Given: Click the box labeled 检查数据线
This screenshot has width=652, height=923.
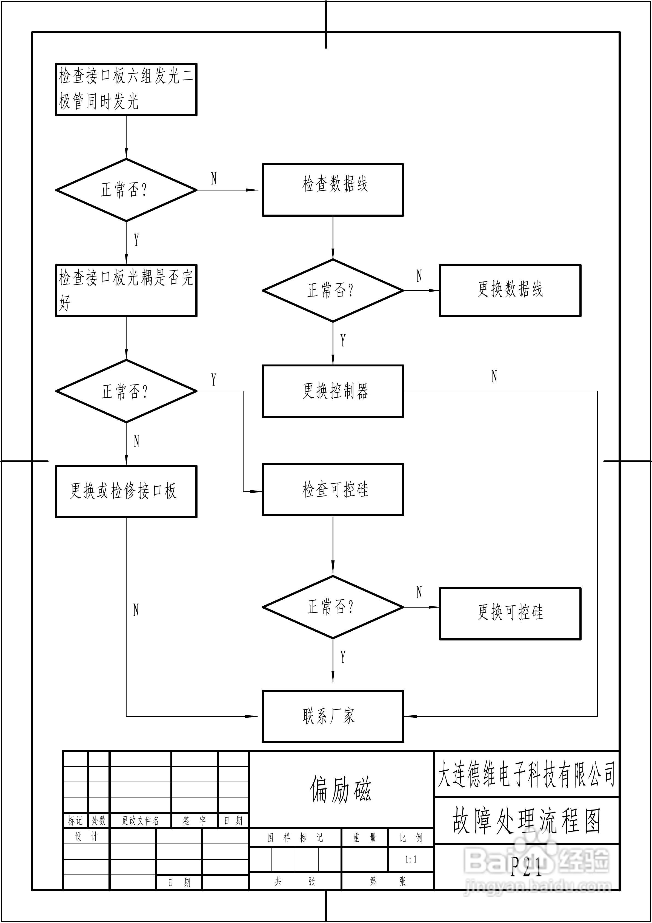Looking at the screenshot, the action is tap(333, 190).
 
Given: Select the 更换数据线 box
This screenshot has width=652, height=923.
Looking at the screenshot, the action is tap(510, 291).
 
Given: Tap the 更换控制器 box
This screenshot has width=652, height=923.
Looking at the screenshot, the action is tap(333, 391).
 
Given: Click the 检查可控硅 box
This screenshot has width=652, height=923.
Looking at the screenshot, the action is tap(333, 490).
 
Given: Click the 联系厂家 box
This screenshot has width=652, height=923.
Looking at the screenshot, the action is tap(333, 716).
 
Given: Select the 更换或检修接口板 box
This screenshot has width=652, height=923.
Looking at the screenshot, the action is tap(126, 492).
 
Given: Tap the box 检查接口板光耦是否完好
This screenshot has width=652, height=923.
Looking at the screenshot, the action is tap(126, 291).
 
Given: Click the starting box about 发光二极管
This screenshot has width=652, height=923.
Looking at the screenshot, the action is tap(126, 89).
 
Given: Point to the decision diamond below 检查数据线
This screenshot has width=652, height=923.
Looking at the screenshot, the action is tap(333, 290).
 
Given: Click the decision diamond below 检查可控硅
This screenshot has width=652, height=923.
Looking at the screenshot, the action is tap(333, 607).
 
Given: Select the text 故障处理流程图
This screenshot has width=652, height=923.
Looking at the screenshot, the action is tap(527, 821).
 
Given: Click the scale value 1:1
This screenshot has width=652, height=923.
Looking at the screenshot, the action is tap(411, 859).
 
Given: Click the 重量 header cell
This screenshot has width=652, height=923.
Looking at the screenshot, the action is tap(365, 838).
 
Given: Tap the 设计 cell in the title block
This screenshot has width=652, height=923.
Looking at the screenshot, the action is tap(86, 837).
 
